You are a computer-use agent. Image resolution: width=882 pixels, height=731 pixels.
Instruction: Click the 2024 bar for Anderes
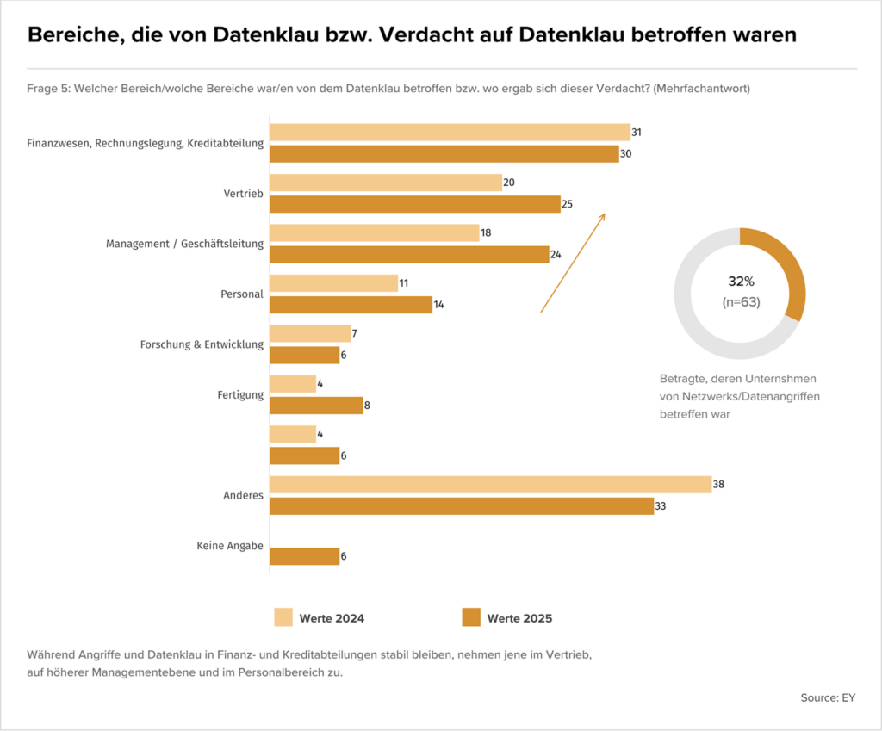pos(490,485)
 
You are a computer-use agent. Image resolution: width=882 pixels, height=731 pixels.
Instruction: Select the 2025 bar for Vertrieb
pos(415,204)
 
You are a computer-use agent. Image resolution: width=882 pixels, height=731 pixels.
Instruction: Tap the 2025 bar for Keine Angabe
pos(305,556)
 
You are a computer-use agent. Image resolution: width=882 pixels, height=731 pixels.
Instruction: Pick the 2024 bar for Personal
pos(334,283)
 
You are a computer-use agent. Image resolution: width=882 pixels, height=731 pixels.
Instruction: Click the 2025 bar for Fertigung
pos(316,406)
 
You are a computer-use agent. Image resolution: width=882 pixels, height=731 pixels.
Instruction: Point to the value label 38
pos(718,485)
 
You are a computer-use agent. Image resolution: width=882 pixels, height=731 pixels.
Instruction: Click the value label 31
pos(637,133)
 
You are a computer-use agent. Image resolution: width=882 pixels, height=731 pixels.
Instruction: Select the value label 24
pos(556,255)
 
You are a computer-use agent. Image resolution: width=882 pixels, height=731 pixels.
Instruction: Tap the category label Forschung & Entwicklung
pos(202,344)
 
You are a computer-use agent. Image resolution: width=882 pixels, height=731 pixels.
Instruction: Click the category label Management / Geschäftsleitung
pos(184,244)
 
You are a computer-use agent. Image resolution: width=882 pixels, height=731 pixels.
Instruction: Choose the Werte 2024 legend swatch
pos(283,617)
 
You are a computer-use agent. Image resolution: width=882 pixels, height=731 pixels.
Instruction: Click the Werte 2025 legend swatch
pos(471,617)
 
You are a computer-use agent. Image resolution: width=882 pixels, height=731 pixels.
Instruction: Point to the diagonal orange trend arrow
pos(573,263)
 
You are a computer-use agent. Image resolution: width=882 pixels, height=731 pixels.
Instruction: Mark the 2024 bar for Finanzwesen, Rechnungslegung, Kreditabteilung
pos(450,133)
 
